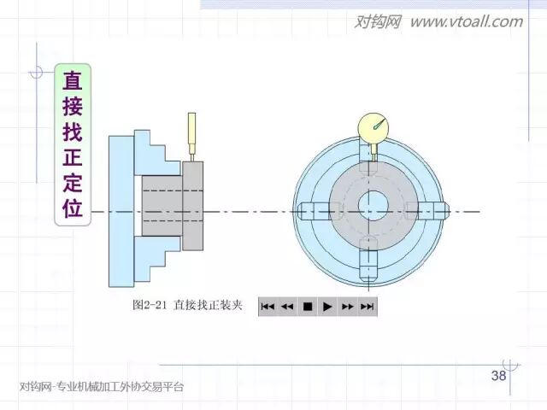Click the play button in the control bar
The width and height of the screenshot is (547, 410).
pyautogui.click(x=326, y=306)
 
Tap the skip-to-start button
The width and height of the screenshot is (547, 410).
pyautogui.click(x=268, y=306)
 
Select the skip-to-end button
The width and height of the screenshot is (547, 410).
pyautogui.click(x=368, y=306)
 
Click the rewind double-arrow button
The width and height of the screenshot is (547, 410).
pyautogui.click(x=287, y=306)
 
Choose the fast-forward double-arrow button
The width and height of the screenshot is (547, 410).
pyautogui.click(x=347, y=306)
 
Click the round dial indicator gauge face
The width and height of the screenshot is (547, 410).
pyautogui.click(x=373, y=128)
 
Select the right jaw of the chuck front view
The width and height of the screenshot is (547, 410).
pyautogui.click(x=430, y=211)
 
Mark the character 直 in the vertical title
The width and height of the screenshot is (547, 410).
pyautogui.click(x=73, y=81)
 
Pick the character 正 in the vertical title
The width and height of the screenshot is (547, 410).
pyautogui.click(x=73, y=157)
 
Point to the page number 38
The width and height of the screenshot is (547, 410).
pyautogui.click(x=498, y=376)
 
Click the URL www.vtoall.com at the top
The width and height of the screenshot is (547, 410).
pyautogui.click(x=466, y=21)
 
